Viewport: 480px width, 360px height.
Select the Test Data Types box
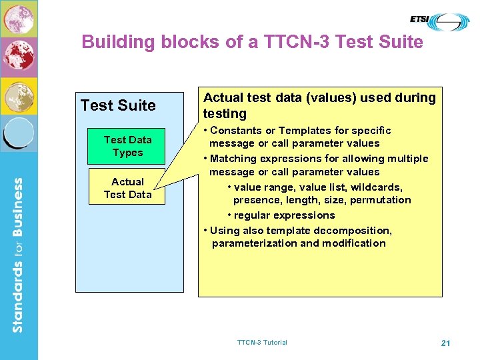click(127, 146)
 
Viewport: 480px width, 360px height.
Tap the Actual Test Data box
click(127, 188)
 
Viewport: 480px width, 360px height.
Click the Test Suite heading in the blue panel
click(118, 105)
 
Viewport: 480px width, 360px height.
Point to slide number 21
click(446, 343)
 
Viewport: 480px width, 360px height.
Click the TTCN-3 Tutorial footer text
click(262, 343)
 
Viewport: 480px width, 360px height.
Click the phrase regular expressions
click(285, 215)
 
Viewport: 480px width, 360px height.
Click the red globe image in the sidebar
click(19, 57)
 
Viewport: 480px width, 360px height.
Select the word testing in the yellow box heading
click(225, 113)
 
